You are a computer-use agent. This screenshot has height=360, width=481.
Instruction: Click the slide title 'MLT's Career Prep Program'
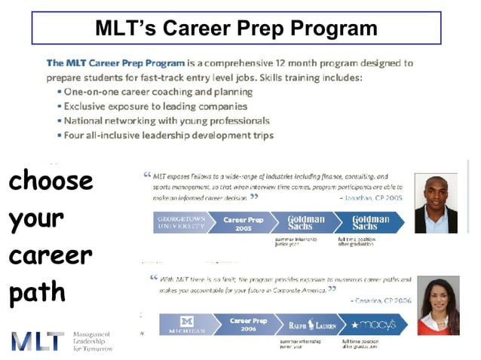[236, 28]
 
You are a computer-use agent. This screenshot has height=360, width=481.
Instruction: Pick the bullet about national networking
[167, 121]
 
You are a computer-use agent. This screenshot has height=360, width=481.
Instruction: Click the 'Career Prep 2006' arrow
[247, 325]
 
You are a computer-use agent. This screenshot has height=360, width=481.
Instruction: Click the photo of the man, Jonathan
[436, 203]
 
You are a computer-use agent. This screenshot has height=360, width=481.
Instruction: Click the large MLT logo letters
[38, 340]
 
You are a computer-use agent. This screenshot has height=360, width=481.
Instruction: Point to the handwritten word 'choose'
[51, 182]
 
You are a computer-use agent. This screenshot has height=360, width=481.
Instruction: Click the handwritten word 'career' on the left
[50, 255]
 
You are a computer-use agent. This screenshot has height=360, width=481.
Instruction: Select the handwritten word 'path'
[37, 293]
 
